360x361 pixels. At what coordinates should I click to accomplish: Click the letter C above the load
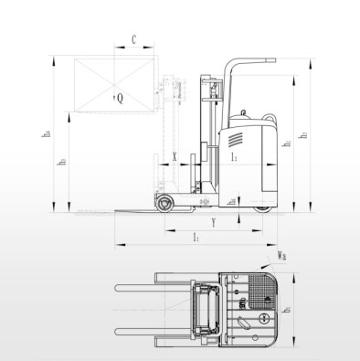click(x=134, y=39)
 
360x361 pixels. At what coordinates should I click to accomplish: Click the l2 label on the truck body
click(x=236, y=158)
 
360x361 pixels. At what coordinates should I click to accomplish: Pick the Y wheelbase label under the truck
click(x=212, y=221)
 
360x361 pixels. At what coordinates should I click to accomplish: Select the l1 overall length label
click(x=196, y=238)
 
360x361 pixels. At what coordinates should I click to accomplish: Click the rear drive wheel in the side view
click(x=262, y=206)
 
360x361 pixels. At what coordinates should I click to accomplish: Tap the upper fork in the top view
click(x=146, y=290)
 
